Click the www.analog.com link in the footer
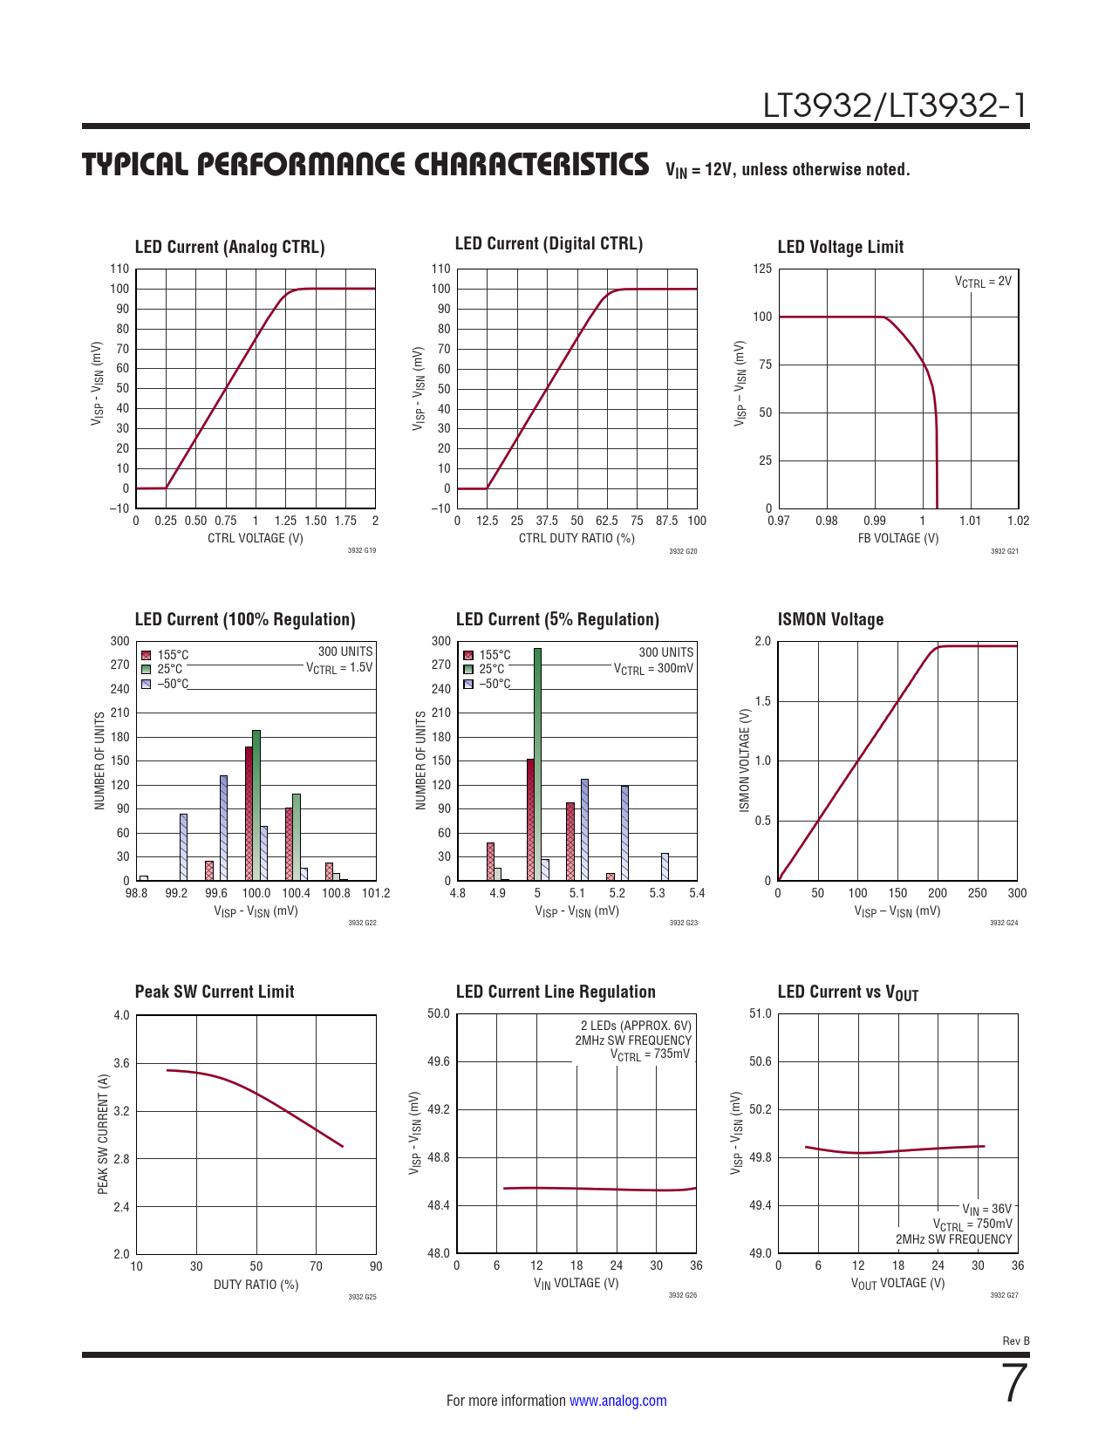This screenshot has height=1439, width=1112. point(617,1401)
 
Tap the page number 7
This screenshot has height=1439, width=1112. point(1015,1384)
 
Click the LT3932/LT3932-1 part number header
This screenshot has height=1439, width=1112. point(896,106)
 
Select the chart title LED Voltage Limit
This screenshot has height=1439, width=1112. point(840,247)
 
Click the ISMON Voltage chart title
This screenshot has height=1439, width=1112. point(830,619)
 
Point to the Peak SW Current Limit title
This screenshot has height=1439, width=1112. point(215,992)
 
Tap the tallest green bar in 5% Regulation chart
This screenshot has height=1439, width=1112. point(537,764)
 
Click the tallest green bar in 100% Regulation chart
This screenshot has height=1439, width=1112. point(256,805)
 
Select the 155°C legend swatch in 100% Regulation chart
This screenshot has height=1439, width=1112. point(147,655)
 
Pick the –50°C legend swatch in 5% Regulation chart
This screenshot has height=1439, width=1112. point(468,684)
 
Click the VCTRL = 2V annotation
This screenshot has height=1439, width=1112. point(983,282)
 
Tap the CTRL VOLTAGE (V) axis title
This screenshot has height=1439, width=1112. point(256,538)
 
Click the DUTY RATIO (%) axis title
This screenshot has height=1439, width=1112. point(256,1285)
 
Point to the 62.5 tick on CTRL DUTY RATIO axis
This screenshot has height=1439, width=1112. point(607,521)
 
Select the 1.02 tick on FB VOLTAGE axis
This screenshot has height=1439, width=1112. point(1018,521)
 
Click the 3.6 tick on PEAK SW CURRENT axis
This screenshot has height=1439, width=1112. point(121,1063)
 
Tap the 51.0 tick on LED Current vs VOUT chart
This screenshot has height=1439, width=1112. point(761,1013)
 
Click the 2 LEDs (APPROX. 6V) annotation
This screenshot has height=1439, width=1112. point(636,1026)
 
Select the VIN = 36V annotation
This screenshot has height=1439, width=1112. point(986,1210)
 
